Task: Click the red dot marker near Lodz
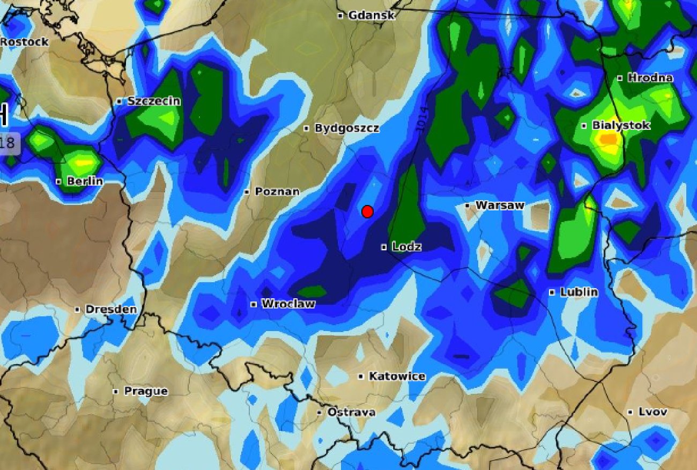coord(367,212)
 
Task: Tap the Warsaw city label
coord(499,205)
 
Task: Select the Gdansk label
coord(371,16)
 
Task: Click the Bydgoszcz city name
coord(346,128)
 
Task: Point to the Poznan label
coord(277,192)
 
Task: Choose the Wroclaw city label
coord(288,304)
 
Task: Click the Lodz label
coord(406,247)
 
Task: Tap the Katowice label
coord(397,377)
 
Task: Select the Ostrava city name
coord(351,413)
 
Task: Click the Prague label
coord(145,392)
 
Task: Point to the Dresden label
coord(110,310)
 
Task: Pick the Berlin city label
coord(85,181)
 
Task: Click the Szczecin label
coord(153,101)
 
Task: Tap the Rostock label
coord(25,42)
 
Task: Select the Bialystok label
coord(620,126)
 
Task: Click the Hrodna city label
coord(649,78)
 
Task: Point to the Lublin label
coord(578,292)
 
